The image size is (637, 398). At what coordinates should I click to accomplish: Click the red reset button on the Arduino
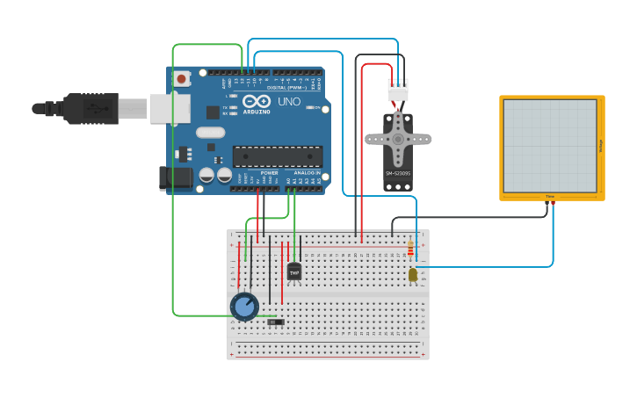(181, 78)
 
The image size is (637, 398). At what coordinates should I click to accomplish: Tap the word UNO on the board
(289, 102)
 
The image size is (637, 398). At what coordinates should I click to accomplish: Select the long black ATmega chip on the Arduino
(277, 156)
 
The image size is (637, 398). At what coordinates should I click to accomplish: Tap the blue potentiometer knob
(244, 307)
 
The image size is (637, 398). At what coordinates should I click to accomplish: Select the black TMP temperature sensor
(294, 271)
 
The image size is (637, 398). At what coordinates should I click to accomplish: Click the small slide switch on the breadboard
(276, 323)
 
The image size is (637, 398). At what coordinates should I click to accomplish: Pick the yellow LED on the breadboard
(413, 275)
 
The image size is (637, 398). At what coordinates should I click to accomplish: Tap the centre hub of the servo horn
(398, 139)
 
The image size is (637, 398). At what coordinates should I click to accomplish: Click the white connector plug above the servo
(398, 90)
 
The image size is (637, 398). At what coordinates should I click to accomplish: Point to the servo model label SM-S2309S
(398, 173)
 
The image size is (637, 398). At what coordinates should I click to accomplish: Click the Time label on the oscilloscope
(550, 196)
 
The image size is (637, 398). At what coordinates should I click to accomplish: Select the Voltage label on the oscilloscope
(600, 145)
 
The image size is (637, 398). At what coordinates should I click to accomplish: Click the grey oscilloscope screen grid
(549, 145)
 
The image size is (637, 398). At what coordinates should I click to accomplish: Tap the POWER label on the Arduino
(270, 173)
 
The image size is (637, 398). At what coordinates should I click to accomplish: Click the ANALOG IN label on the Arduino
(307, 173)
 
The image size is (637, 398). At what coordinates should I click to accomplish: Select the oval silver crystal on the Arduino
(210, 133)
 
